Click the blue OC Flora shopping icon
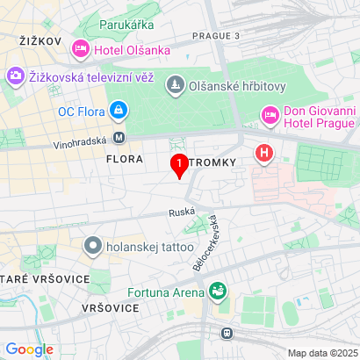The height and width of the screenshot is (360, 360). pyautogui.click(x=118, y=111)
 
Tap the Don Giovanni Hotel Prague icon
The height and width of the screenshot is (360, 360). pyautogui.click(x=270, y=115)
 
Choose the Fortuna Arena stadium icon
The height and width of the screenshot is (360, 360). pyautogui.click(x=218, y=290)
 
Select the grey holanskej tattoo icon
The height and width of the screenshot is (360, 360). pyautogui.click(x=92, y=245)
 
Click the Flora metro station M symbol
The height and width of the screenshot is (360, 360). pyautogui.click(x=119, y=138)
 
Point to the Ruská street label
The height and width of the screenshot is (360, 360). pyautogui.click(x=180, y=212)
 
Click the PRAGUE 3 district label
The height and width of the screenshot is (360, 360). pyautogui.click(x=214, y=35)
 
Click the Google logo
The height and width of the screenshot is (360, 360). pyautogui.click(x=30, y=349)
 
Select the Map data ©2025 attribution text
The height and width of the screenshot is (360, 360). pyautogui.click(x=320, y=353)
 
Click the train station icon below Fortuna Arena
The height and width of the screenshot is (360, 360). pyautogui.click(x=227, y=333)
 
